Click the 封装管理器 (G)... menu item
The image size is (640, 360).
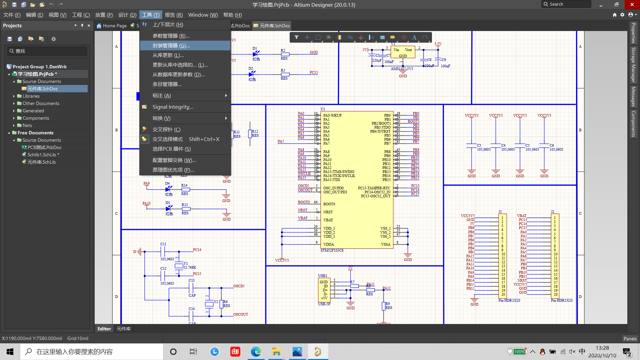pyautogui.click(x=171, y=46)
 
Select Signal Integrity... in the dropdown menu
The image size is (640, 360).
pyautogui.click(x=173, y=107)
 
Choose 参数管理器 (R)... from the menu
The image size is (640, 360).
pyautogui.click(x=171, y=36)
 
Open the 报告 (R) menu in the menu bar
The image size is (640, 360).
pyautogui.click(x=174, y=15)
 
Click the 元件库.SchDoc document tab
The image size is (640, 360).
pyautogui.click(x=272, y=26)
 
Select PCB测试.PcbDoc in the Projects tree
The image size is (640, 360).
pyautogui.click(x=44, y=147)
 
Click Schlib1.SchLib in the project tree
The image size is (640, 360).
pyautogui.click(x=42, y=155)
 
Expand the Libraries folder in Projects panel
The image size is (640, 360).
pyautogui.click(x=14, y=96)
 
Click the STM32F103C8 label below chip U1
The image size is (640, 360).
pyautogui.click(x=332, y=250)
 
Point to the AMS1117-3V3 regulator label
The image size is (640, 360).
pyautogui.click(x=402, y=69)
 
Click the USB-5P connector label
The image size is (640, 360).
pyautogui.click(x=324, y=304)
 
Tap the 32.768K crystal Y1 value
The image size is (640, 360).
pyautogui.click(x=190, y=267)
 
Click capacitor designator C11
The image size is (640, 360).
pyautogui.click(x=163, y=244)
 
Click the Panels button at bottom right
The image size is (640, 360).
pyautogui.click(x=630, y=339)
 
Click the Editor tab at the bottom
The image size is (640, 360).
pyautogui.click(x=104, y=329)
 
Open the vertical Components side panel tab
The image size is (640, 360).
pyautogui.click(x=633, y=124)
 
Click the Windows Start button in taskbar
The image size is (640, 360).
pyautogui.click(x=10, y=352)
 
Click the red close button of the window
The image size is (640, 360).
pyautogui.click(x=632, y=5)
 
